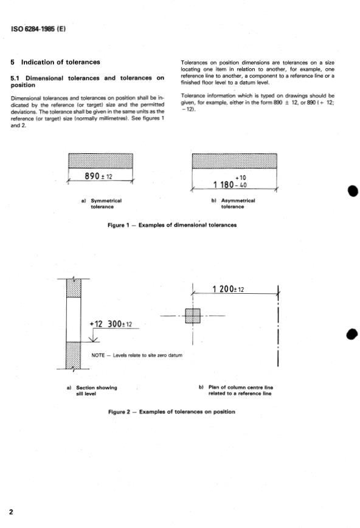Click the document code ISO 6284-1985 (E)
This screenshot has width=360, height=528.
(x=38, y=29)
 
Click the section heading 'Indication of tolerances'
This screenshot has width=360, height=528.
(x=61, y=62)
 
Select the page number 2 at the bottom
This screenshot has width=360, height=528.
(x=11, y=512)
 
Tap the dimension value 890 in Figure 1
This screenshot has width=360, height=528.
(x=92, y=176)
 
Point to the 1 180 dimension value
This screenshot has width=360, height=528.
(x=223, y=184)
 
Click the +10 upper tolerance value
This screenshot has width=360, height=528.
(x=240, y=178)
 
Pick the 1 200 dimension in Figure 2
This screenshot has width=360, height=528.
(x=223, y=289)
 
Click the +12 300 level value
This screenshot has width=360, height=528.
(x=105, y=324)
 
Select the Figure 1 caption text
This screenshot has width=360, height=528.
(x=172, y=225)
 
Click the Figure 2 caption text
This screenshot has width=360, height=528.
(x=171, y=411)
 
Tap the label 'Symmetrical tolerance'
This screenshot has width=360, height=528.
(x=106, y=203)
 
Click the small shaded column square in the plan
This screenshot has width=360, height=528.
(x=193, y=316)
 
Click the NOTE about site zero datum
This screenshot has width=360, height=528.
(x=137, y=355)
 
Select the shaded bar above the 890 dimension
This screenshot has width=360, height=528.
(x=101, y=161)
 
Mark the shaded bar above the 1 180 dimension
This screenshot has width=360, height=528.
(x=235, y=161)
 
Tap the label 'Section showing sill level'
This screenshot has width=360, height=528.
(x=96, y=391)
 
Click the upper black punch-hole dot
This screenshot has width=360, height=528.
(x=353, y=191)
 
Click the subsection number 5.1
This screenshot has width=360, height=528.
(x=15, y=78)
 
